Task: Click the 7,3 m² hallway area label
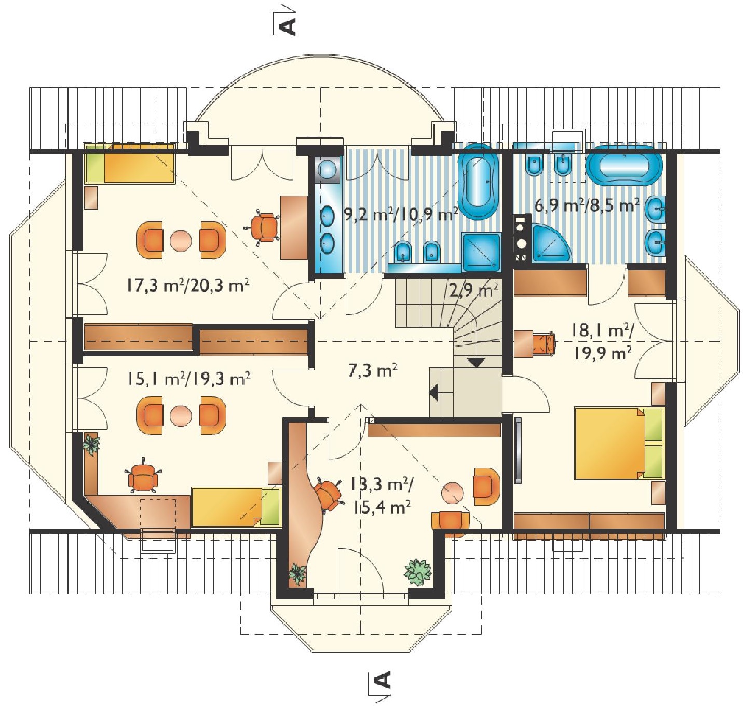tap(373, 370)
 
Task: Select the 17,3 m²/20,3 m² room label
tap(188, 285)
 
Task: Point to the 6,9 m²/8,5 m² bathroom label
tap(587, 205)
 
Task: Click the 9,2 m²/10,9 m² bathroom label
tap(401, 214)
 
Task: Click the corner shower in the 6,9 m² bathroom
tap(550, 243)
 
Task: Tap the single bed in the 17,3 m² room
tap(130, 164)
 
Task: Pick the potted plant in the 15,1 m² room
tap(92, 444)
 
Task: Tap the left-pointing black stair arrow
tap(435, 392)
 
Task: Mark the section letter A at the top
tap(287, 26)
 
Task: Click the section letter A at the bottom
tap(383, 681)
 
